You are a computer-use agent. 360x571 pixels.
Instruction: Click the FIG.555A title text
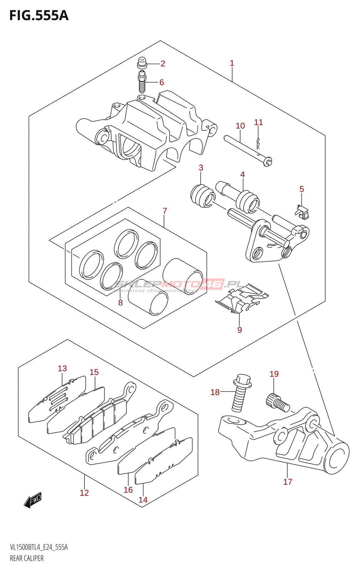coord(39,16)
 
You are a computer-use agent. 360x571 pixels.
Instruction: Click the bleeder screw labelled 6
coord(142,82)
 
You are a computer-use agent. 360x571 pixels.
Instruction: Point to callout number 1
coord(232,63)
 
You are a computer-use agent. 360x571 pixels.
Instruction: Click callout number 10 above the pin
coord(240,126)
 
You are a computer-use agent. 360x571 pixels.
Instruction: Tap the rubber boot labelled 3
coord(202,196)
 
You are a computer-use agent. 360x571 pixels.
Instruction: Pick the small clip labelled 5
coord(302,212)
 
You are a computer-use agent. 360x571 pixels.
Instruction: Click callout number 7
coord(165,211)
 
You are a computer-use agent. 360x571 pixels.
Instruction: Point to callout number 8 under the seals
coord(120,303)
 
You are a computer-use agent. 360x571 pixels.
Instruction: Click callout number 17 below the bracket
coord(287,482)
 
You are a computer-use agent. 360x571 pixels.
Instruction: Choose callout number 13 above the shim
coord(62,368)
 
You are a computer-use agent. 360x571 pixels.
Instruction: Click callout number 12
coord(84,493)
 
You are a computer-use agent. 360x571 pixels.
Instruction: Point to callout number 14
coord(143,500)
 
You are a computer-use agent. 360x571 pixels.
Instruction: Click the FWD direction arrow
coord(33,500)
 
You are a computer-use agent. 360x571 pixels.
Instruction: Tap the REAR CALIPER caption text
coord(27,558)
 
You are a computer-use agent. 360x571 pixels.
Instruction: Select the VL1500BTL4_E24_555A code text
coord(39,547)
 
